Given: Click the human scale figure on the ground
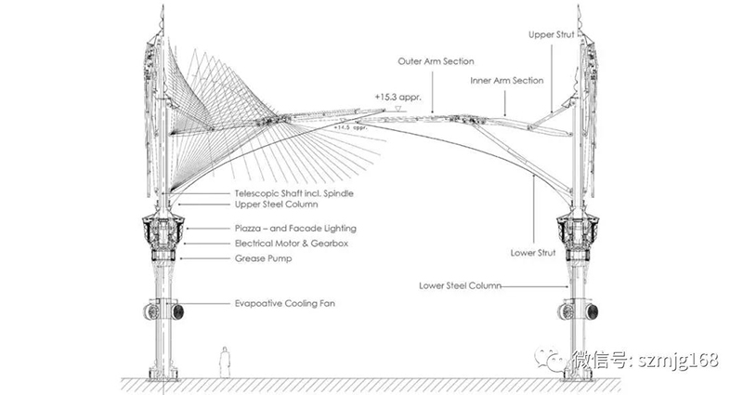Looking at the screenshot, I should click(x=224, y=362).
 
